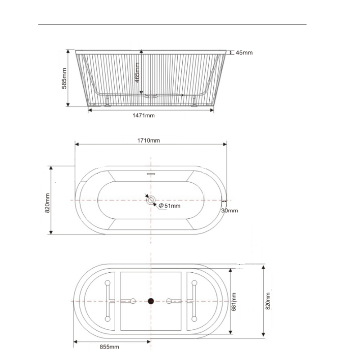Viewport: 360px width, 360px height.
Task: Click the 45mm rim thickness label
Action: (x=244, y=53)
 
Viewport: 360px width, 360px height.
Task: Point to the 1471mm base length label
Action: (x=144, y=115)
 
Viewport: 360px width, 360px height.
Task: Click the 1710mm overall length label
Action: (x=149, y=140)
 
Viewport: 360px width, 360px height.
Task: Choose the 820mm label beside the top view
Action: (x=47, y=203)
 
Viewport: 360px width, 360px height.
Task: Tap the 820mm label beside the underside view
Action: (x=268, y=301)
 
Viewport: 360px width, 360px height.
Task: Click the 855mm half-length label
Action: (x=109, y=346)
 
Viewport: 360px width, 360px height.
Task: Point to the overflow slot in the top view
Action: (x=151, y=172)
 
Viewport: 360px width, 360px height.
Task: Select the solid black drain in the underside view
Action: (x=151, y=301)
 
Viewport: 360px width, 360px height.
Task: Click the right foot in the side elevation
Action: (x=194, y=102)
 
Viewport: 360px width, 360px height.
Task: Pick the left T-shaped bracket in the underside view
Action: (x=108, y=301)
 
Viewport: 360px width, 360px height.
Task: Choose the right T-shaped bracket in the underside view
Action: (x=193, y=301)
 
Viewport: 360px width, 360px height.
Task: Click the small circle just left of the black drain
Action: (x=133, y=301)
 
